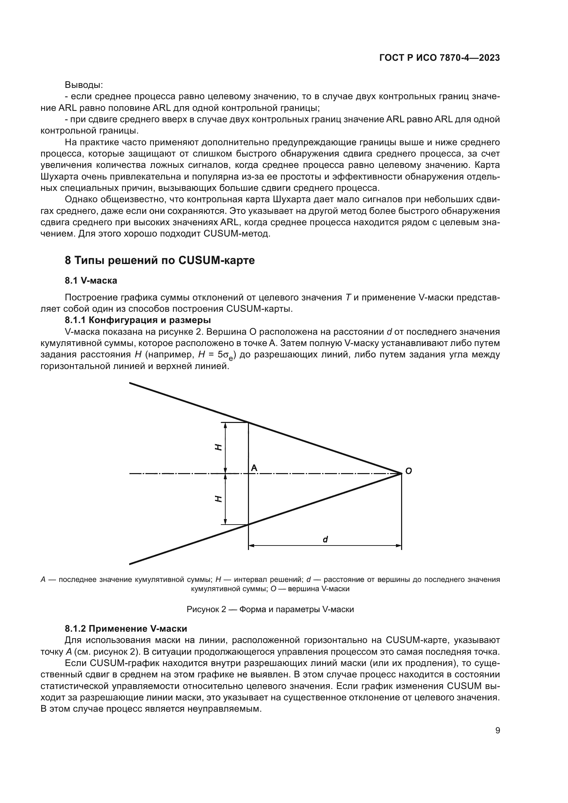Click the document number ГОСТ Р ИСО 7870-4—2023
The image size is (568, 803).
[439, 58]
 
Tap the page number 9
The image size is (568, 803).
[497, 730]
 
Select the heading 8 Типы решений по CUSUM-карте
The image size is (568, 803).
[160, 261]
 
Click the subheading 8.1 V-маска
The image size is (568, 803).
[91, 280]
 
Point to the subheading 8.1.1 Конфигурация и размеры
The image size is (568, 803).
[138, 320]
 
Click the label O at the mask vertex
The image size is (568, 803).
[408, 471]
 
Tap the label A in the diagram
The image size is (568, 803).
[254, 468]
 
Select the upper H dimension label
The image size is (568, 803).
[218, 447]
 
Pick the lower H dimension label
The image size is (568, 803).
[218, 499]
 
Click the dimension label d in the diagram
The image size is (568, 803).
[325, 540]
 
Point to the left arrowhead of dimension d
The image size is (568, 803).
[251, 545]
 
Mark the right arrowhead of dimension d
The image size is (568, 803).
[398, 545]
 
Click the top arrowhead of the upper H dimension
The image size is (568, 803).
[225, 425]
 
